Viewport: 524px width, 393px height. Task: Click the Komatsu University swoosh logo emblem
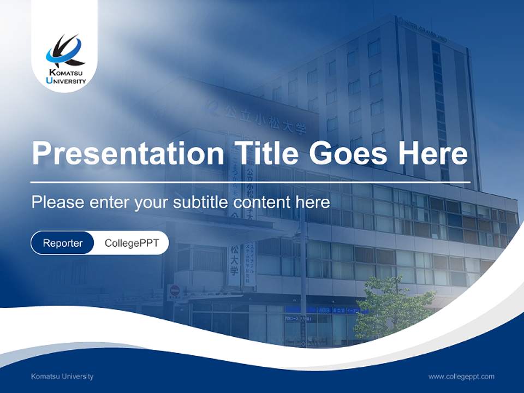(64, 51)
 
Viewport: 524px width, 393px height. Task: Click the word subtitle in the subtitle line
(201, 202)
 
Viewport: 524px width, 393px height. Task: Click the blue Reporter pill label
(63, 243)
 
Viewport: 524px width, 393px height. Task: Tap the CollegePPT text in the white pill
(132, 243)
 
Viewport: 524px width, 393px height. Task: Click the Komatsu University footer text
(62, 376)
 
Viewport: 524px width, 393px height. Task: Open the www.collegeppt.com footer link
(461, 376)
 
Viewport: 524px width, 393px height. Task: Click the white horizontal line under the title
(250, 182)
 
